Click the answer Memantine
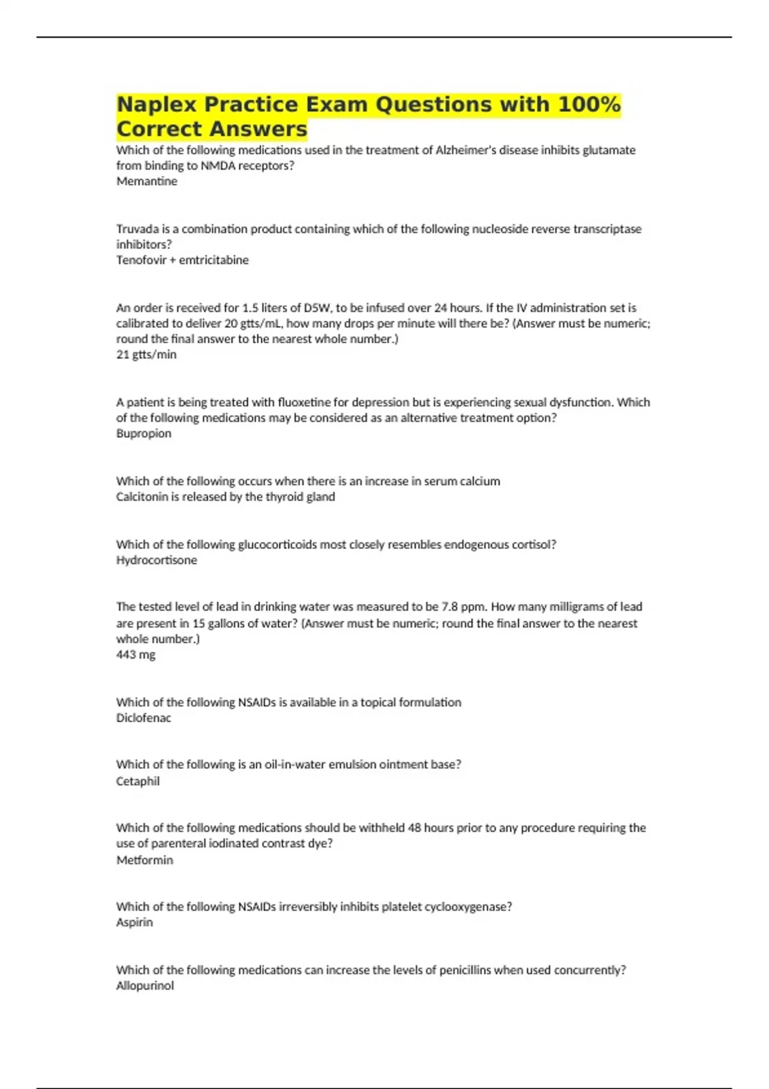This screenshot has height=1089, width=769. pyautogui.click(x=147, y=181)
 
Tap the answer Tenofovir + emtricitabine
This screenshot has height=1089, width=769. pyautogui.click(x=182, y=260)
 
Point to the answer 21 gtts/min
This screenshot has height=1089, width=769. pyautogui.click(x=146, y=354)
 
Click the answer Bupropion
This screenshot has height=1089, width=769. pyautogui.click(x=144, y=433)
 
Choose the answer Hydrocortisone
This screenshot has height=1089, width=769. pyautogui.click(x=156, y=560)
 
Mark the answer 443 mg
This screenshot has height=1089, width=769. pyautogui.click(x=135, y=655)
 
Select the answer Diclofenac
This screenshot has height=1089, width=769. pyautogui.click(x=144, y=718)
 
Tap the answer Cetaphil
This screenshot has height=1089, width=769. pyautogui.click(x=138, y=781)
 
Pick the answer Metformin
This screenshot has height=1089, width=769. pyautogui.click(x=144, y=860)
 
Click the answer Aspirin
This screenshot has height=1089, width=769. pyautogui.click(x=135, y=922)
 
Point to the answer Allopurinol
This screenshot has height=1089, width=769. pyautogui.click(x=145, y=986)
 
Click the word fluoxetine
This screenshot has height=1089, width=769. pyautogui.click(x=304, y=402)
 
